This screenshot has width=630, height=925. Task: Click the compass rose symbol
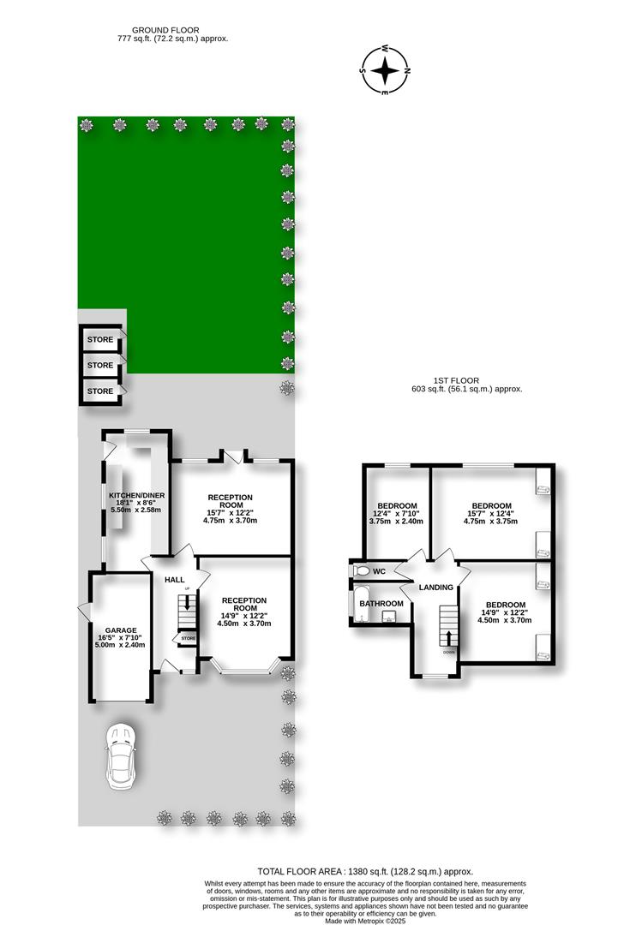click(387, 69)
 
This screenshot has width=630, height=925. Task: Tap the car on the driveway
click(121, 758)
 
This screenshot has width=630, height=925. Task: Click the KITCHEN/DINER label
click(136, 496)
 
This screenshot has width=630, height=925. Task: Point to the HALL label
click(175, 580)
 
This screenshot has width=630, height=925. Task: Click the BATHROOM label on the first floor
click(381, 604)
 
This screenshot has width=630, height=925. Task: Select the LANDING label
click(435, 588)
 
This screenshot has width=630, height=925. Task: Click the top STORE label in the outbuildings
click(100, 340)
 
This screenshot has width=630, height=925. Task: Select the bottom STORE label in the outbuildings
click(100, 391)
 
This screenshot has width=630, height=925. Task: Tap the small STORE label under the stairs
click(189, 639)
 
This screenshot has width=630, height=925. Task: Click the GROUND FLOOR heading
click(171, 30)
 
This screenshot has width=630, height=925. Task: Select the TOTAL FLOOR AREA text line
click(364, 871)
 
